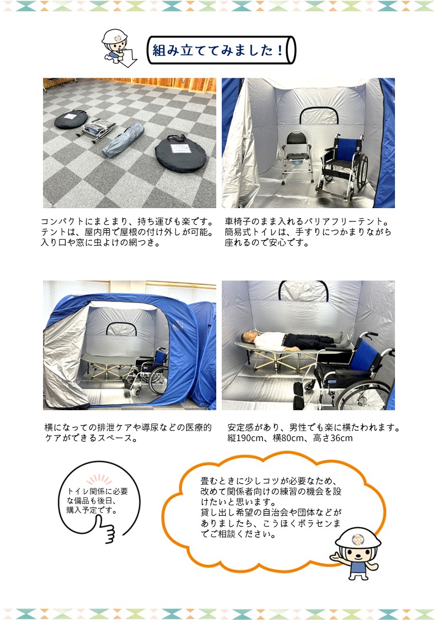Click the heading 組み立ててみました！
pyautogui.click(x=218, y=50)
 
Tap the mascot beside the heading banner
pyautogui.click(x=117, y=47)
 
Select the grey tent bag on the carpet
pyautogui.click(x=123, y=139)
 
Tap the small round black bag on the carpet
pyautogui.click(x=71, y=119)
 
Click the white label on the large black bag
pyautogui.click(x=180, y=149)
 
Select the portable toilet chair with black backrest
pyautogui.click(x=297, y=157)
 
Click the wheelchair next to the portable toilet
pyautogui.click(x=342, y=166)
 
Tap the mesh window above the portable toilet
pyautogui.click(x=318, y=115)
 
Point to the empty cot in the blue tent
pyautogui.click(x=109, y=364)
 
